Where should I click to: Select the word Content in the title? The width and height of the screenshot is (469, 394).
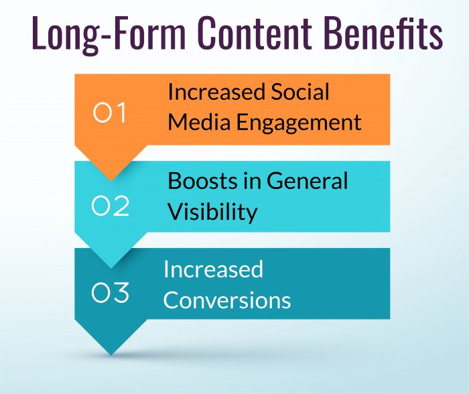[259, 36]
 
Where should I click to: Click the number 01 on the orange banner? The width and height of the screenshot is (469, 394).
[111, 114]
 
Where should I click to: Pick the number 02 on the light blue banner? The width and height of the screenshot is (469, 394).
[111, 206]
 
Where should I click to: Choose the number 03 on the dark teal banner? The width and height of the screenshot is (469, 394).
[111, 293]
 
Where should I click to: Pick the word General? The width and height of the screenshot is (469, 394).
[308, 181]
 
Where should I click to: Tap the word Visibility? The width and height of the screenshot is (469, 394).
[212, 212]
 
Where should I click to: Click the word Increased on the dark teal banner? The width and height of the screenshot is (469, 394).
[213, 269]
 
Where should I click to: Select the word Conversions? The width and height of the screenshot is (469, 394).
[227, 300]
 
